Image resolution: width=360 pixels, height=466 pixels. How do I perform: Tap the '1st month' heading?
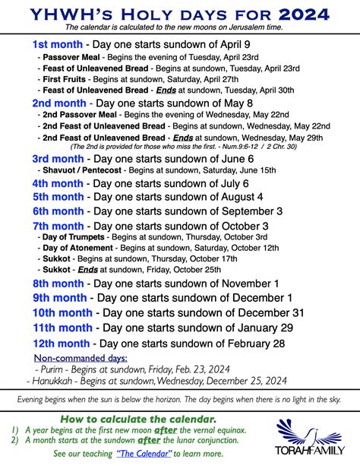click(x=58, y=44)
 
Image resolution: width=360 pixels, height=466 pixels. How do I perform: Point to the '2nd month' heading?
click(x=58, y=103)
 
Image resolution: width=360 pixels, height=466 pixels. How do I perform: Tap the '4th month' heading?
click(x=58, y=185)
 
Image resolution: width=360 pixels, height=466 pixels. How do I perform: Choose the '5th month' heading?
click(x=58, y=198)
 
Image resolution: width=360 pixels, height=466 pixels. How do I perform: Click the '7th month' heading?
click(x=58, y=226)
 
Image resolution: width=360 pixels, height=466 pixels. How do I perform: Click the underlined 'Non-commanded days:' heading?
click(x=80, y=358)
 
